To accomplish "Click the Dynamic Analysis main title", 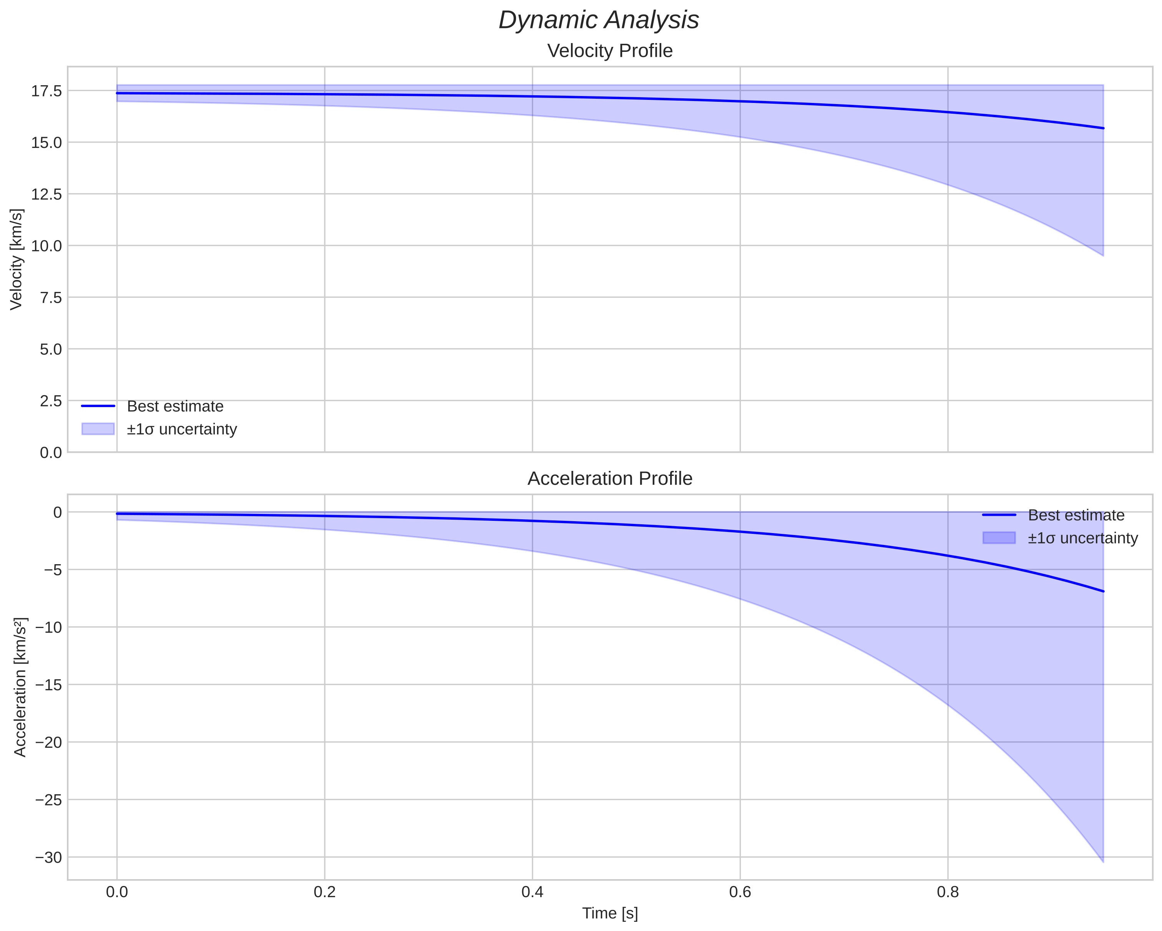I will click(x=599, y=20).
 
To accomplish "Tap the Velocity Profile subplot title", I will click(x=609, y=51).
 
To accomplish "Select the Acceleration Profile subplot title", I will click(x=609, y=479).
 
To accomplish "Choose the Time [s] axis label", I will click(x=609, y=913).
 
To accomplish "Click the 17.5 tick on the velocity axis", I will click(x=46, y=91).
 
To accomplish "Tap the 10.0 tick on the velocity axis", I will click(x=46, y=246).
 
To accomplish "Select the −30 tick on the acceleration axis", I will click(x=49, y=857).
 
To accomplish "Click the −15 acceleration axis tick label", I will click(x=49, y=685).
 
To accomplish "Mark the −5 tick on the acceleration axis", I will click(x=53, y=570).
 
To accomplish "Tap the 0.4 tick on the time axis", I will click(x=532, y=892).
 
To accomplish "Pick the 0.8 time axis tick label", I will click(x=948, y=892).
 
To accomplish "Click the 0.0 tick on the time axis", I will click(x=117, y=892).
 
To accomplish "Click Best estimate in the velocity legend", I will click(x=175, y=406).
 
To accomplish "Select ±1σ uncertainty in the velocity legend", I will click(x=182, y=429).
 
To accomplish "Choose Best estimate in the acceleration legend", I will click(x=1076, y=515).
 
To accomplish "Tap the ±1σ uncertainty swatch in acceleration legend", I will click(x=999, y=538).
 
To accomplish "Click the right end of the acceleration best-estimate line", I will click(x=1103, y=591).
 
